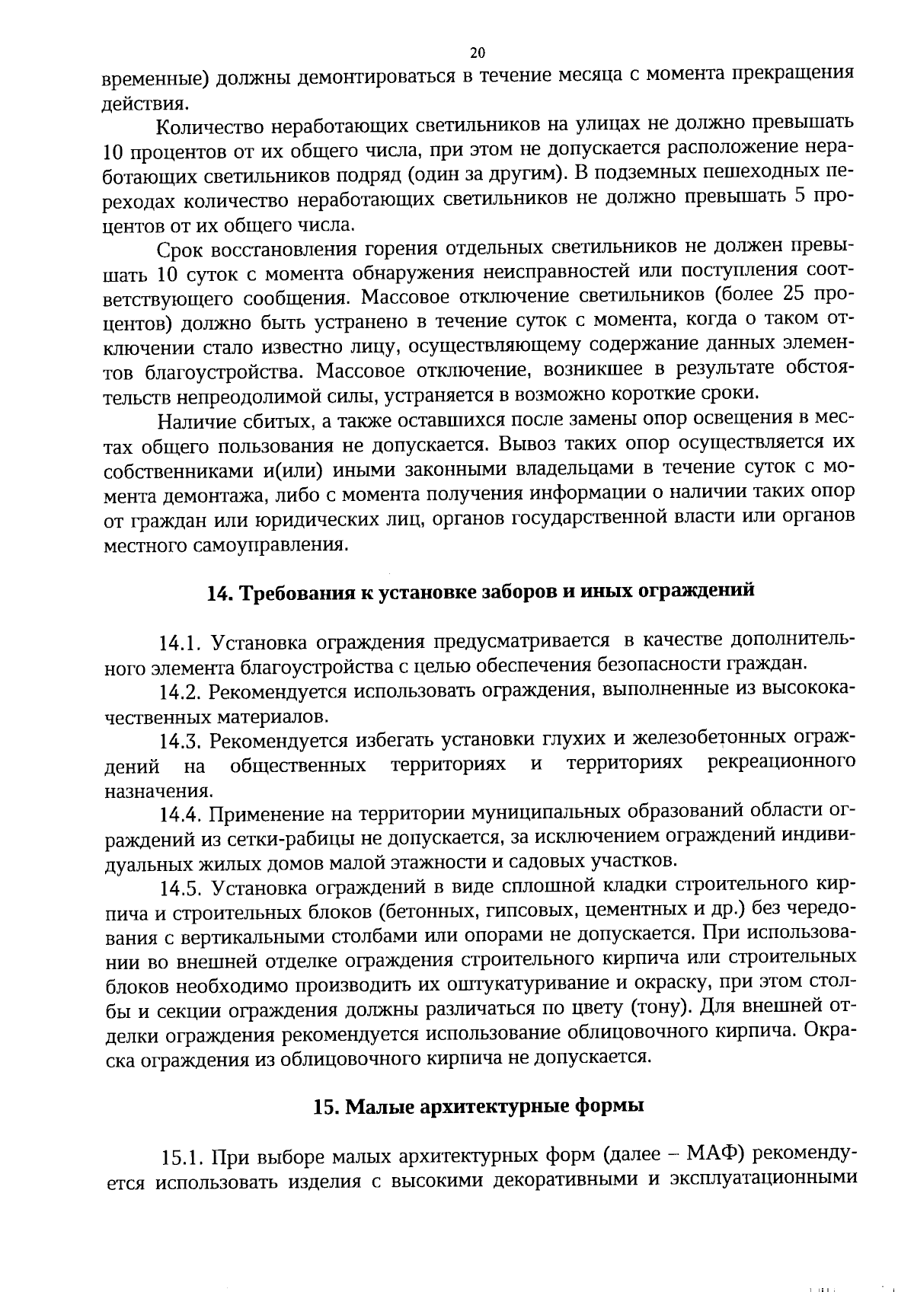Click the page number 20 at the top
coord(478,53)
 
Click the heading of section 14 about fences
coord(481,592)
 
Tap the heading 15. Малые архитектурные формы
coord(478,1105)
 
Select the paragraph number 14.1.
coord(179,643)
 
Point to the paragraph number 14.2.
coord(180,693)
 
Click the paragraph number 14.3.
coord(180,741)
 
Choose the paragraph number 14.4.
coord(180,815)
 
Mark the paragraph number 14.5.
coord(180,888)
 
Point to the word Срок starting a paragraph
coord(179,250)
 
